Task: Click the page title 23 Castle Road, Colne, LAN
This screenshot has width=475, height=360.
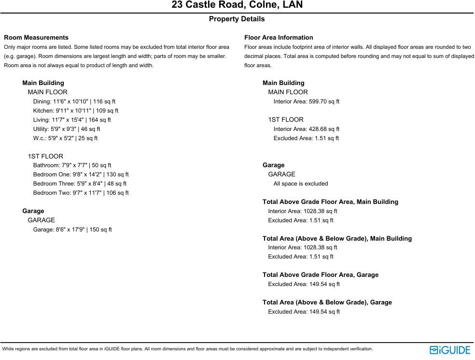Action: [237, 5]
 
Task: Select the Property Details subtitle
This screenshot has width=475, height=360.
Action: [237, 19]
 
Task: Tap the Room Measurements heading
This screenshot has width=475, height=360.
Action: [36, 37]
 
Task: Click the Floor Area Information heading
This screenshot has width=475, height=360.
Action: [279, 37]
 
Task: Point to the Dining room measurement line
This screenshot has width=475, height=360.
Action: [74, 101]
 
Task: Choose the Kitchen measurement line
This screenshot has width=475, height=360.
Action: [76, 111]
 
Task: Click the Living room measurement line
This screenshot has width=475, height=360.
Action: [72, 120]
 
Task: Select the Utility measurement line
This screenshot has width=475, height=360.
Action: [67, 129]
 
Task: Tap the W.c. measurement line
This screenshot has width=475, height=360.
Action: [65, 138]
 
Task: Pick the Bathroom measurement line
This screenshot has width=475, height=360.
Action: [72, 165]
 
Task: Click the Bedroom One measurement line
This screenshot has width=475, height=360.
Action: [81, 174]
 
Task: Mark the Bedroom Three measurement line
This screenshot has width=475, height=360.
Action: [80, 184]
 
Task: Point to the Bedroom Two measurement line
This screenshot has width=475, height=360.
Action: [81, 193]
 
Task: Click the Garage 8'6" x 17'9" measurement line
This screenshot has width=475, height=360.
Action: [72, 230]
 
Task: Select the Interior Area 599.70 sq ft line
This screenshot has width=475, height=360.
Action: [307, 101]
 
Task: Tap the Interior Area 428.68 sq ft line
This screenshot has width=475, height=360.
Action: [307, 129]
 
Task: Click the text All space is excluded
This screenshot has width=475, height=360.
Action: [301, 184]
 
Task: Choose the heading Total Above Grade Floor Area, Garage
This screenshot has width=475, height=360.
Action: [321, 275]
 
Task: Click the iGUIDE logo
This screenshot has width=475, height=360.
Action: [450, 350]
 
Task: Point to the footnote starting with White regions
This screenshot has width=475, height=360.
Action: [187, 349]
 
